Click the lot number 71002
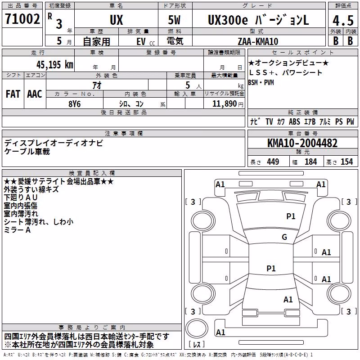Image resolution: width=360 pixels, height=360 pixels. pyautogui.click(x=22, y=19)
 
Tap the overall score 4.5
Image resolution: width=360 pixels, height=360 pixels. pyautogui.click(x=343, y=21)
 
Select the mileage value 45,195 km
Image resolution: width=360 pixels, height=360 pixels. pyautogui.click(x=54, y=65)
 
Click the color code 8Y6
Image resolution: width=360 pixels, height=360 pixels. pyautogui.click(x=75, y=104)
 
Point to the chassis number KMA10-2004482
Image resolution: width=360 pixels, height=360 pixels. pyautogui.click(x=302, y=143)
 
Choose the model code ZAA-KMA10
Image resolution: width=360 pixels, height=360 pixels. pyautogui.click(x=258, y=41)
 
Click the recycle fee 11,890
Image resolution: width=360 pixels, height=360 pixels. pyautogui.click(x=224, y=104)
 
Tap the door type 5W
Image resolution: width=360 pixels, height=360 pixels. pyautogui.click(x=174, y=20)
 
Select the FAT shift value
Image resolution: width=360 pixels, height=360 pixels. pyautogui.click(x=13, y=94)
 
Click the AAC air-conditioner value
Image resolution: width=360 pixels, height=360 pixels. pyautogui.click(x=35, y=94)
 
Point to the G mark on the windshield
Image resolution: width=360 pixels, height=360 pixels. pyautogui.click(x=284, y=237)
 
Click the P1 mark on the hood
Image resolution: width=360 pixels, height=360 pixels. pyautogui.click(x=291, y=216)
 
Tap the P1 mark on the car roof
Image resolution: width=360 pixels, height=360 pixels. pyautogui.click(x=271, y=268)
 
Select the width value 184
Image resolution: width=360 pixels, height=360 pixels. pyautogui.click(x=310, y=162)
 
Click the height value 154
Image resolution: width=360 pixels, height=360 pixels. pyautogui.click(x=346, y=162)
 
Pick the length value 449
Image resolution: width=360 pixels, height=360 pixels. pyautogui.click(x=273, y=162)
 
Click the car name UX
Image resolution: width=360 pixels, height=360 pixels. pyautogui.click(x=117, y=20)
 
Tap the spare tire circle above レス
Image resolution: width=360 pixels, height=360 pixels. pyautogui.click(x=197, y=328)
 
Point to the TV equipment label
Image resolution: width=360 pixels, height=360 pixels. pyautogui.click(x=269, y=121)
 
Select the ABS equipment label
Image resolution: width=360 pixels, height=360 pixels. pyautogui.click(x=294, y=121)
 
